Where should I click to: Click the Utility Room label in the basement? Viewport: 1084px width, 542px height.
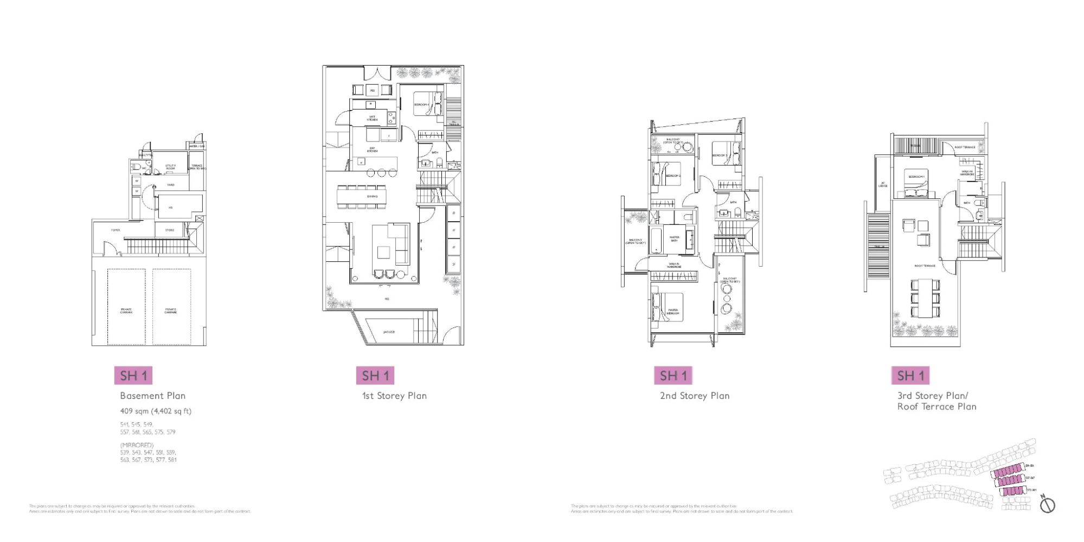point(170,167)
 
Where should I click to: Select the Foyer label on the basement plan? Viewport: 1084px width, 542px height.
point(116,230)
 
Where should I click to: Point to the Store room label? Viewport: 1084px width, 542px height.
point(170,230)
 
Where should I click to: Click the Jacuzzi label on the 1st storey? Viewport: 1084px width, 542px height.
point(389,332)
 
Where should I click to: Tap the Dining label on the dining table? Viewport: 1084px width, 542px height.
point(372,196)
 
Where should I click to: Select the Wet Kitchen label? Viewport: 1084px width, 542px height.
point(373,118)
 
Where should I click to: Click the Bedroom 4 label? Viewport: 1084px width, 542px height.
point(421,105)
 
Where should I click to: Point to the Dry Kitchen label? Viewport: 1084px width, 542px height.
point(373,150)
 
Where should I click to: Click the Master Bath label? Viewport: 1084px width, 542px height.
point(674,238)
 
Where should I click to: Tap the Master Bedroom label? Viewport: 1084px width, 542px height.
point(673,312)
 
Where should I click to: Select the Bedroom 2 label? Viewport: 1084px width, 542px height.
point(673,176)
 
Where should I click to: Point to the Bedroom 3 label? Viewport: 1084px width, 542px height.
point(720,156)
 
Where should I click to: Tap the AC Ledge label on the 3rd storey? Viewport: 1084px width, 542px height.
point(883,185)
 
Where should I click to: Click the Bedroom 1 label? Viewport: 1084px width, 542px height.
point(916,177)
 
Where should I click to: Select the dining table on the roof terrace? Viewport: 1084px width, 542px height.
point(925,298)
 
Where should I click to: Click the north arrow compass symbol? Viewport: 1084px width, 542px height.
point(1047,505)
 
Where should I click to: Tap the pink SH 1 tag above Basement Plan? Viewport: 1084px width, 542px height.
point(133,376)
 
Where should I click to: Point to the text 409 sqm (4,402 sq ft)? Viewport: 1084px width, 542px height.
point(156,411)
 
